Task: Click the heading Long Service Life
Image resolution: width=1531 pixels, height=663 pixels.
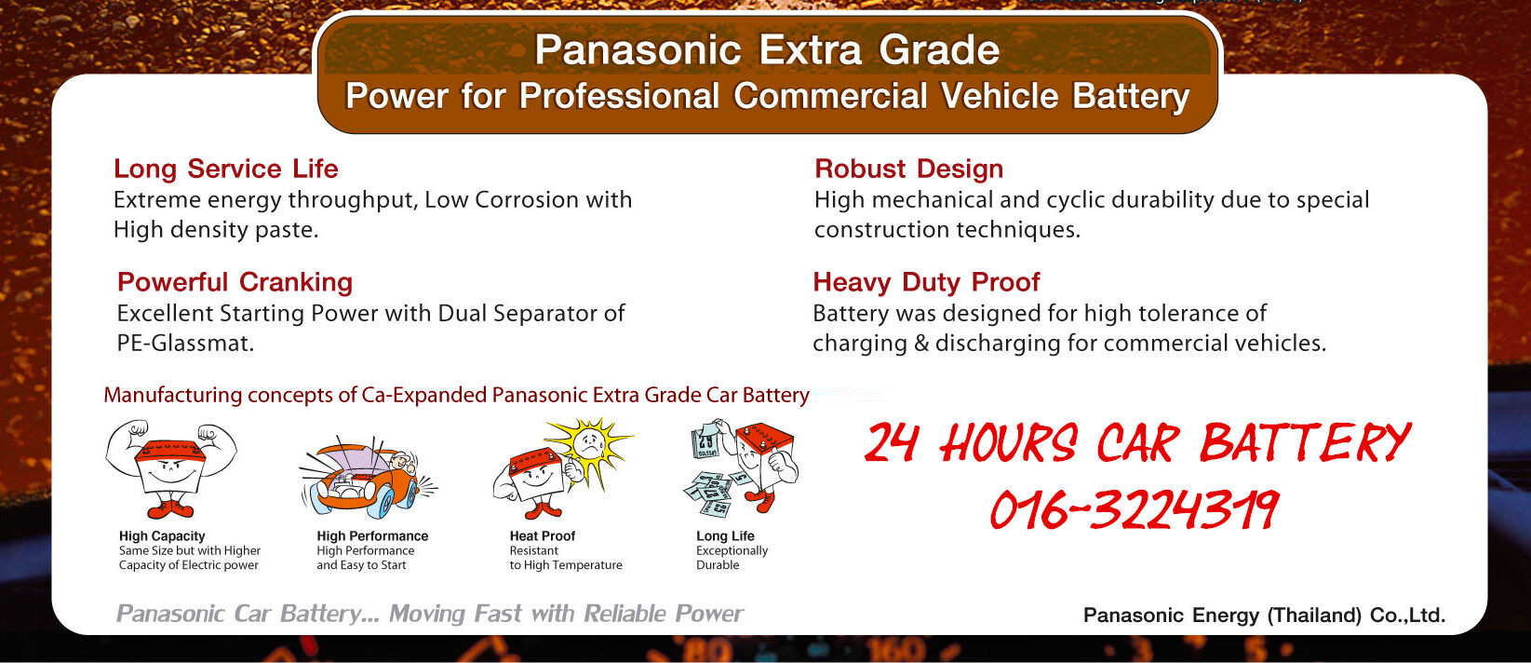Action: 225,169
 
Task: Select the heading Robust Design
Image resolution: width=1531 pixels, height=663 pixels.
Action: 908,169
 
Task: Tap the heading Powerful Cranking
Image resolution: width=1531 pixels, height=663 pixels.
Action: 235,282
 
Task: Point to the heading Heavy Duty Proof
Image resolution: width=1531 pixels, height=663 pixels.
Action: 926,282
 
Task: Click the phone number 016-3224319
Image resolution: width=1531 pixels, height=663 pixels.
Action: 1134,509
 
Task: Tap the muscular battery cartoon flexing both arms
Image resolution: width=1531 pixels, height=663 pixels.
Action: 171,468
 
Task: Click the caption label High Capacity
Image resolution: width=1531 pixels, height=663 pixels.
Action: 162,536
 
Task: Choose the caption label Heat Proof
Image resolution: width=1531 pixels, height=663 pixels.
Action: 542,536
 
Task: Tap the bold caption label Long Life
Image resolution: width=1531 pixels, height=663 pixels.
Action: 725,536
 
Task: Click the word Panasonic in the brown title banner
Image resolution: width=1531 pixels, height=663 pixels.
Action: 638,50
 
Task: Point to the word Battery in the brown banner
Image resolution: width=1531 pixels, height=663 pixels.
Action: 1131,96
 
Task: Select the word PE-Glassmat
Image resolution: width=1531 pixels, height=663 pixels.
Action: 185,343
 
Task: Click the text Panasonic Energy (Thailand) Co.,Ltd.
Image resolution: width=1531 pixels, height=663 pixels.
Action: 1265,616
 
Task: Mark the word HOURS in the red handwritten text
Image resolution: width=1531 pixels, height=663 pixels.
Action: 1009,443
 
